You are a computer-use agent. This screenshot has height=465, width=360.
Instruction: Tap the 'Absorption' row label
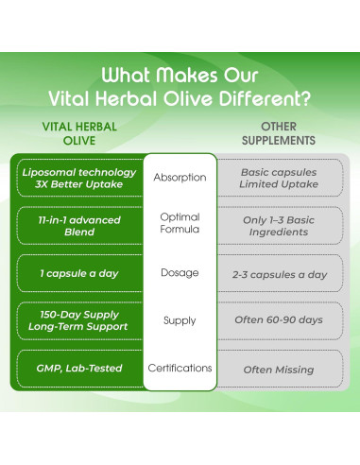click(180, 177)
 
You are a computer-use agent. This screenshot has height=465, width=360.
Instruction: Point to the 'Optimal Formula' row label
click(180, 224)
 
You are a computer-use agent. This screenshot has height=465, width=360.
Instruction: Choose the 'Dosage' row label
click(180, 273)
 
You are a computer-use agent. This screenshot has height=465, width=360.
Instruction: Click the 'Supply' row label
click(180, 320)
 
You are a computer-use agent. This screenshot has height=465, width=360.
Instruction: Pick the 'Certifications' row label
click(180, 368)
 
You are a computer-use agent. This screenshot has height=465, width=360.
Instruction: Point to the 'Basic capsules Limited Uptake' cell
click(278, 177)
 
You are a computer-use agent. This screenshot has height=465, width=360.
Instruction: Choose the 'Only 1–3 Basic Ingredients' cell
click(278, 225)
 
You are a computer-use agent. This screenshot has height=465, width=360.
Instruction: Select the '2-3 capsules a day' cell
click(278, 273)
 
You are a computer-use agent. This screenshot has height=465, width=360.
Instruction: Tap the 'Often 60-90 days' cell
click(278, 320)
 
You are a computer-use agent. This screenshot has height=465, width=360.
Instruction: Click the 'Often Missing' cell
click(278, 368)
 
